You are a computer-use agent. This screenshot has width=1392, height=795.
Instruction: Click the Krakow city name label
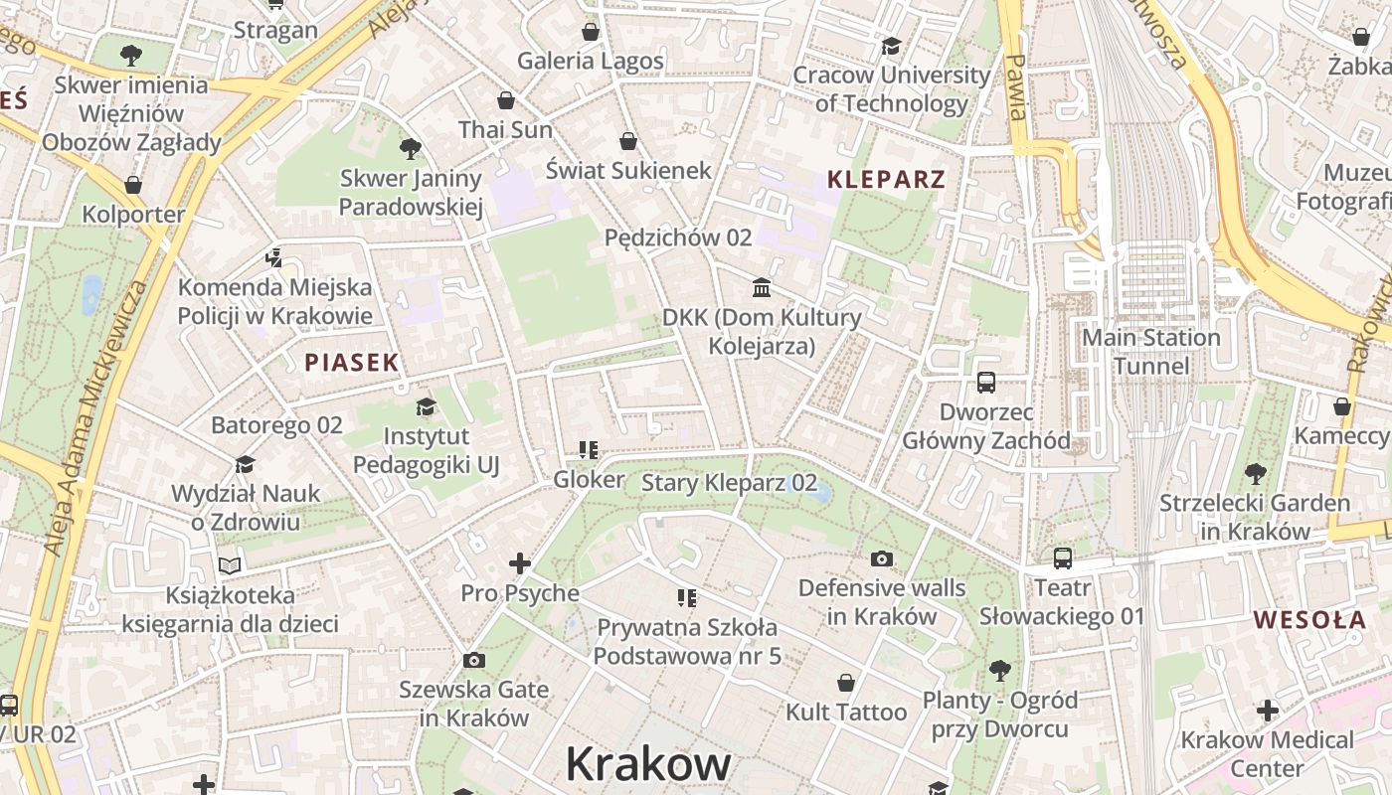click(x=648, y=764)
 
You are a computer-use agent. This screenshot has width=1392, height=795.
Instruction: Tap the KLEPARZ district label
click(x=886, y=180)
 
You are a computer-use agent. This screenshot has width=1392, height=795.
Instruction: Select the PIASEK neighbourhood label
click(x=352, y=363)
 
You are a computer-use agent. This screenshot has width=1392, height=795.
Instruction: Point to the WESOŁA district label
click(x=1309, y=620)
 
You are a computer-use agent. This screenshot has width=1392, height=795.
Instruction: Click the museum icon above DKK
click(x=762, y=287)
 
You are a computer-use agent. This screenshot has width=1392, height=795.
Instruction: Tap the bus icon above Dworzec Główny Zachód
click(x=986, y=382)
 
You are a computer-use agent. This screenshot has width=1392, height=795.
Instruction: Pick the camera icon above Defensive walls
click(x=881, y=558)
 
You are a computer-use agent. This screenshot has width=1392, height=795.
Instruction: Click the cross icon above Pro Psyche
click(x=519, y=563)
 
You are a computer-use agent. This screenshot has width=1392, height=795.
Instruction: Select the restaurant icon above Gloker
click(x=589, y=450)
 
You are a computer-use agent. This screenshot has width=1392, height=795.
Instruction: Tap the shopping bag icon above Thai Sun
click(x=505, y=100)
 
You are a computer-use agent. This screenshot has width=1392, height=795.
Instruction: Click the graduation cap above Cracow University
click(x=891, y=46)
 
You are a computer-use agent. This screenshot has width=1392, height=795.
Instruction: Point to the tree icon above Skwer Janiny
click(x=410, y=149)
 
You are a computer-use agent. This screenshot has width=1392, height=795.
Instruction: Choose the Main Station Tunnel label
click(x=1150, y=352)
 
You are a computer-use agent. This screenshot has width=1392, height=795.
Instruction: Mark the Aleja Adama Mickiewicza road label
click(x=87, y=417)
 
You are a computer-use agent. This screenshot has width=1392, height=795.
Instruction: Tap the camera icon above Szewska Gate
click(x=473, y=660)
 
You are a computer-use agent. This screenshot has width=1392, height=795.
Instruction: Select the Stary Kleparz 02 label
click(x=729, y=484)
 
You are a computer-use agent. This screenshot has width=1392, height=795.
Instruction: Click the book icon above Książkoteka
click(x=230, y=565)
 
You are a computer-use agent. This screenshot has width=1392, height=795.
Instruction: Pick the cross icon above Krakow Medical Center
click(x=1267, y=711)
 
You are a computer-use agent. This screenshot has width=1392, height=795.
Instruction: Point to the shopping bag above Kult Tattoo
click(x=845, y=683)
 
